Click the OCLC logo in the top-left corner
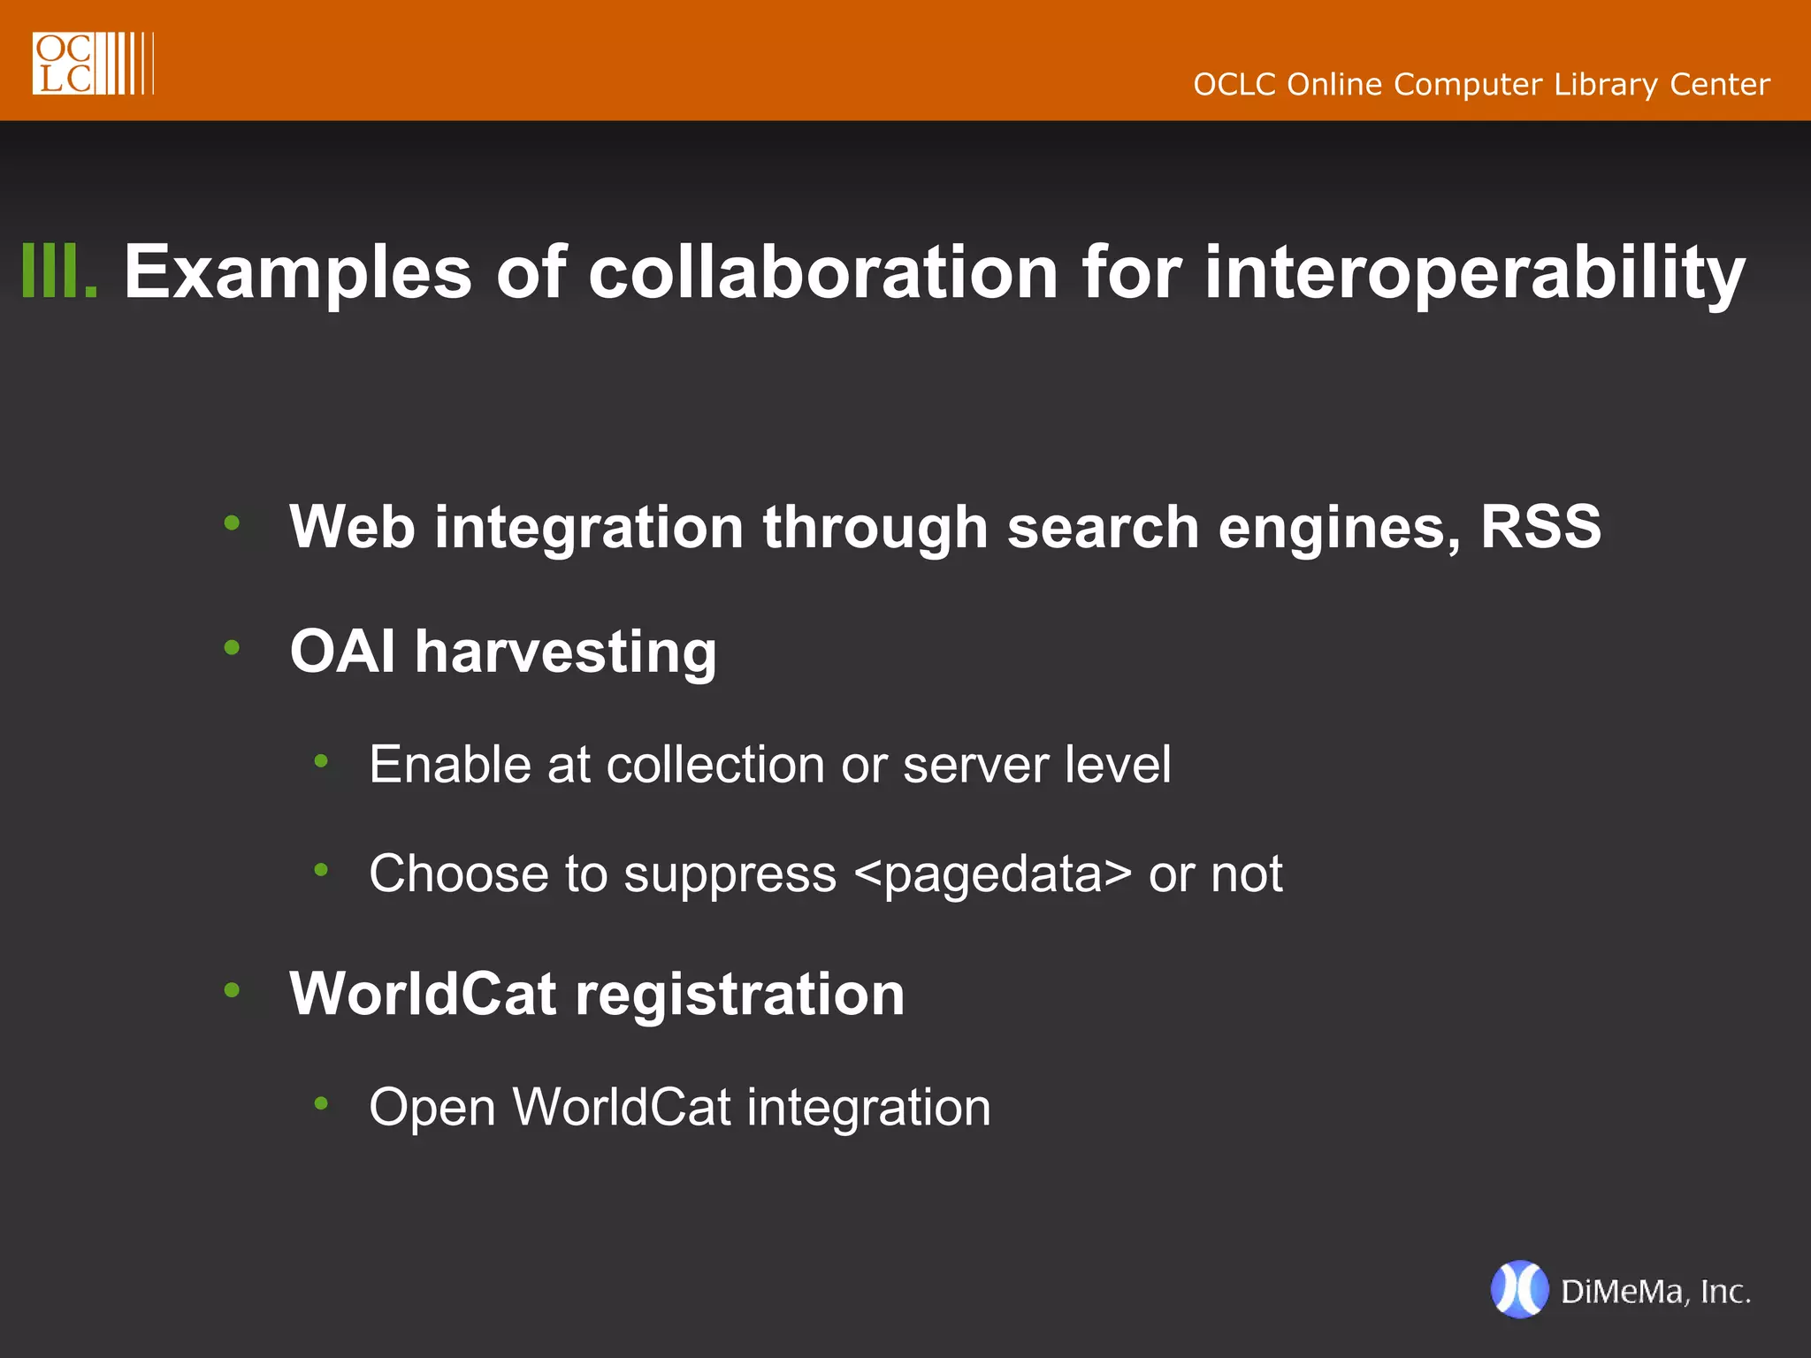92,64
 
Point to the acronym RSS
1540,527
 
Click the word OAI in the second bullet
342,652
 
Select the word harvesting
566,653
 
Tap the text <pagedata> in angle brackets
993,874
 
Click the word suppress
730,876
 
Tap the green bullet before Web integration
232,523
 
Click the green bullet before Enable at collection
321,760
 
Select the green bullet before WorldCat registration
232,990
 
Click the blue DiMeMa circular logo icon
1519,1290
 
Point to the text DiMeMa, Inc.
1655,1292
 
